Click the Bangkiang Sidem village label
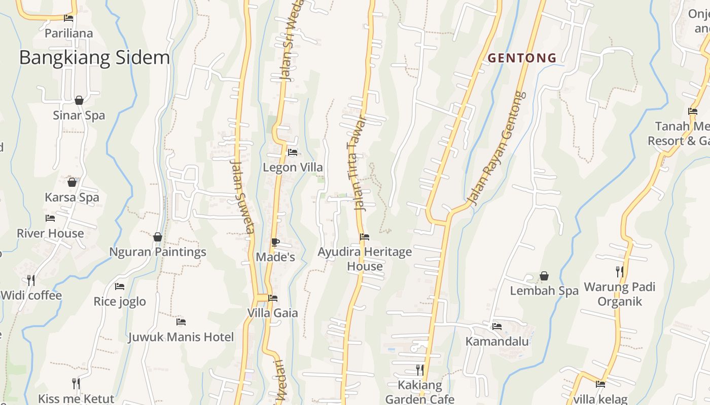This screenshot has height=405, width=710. click(94, 58)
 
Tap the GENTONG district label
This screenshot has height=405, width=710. click(522, 58)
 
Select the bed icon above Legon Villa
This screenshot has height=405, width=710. click(293, 152)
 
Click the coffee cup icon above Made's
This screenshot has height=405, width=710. click(275, 242)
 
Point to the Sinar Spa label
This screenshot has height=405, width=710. click(79, 115)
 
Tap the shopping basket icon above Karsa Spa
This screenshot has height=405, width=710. click(72, 182)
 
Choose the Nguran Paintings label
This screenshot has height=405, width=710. click(158, 252)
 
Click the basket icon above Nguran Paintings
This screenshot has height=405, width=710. click(158, 237)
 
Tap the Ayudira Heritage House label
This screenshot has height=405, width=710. click(365, 259)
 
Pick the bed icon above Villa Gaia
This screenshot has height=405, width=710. click(273, 298)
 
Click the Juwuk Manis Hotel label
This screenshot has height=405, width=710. click(181, 337)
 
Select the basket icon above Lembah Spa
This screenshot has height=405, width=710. click(544, 276)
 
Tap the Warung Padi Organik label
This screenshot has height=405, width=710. click(620, 294)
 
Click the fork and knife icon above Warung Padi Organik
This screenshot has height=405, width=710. click(620, 272)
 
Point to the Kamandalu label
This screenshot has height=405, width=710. click(497, 341)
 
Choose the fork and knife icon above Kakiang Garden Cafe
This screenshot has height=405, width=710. click(419, 370)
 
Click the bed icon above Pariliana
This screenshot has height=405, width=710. click(68, 19)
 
